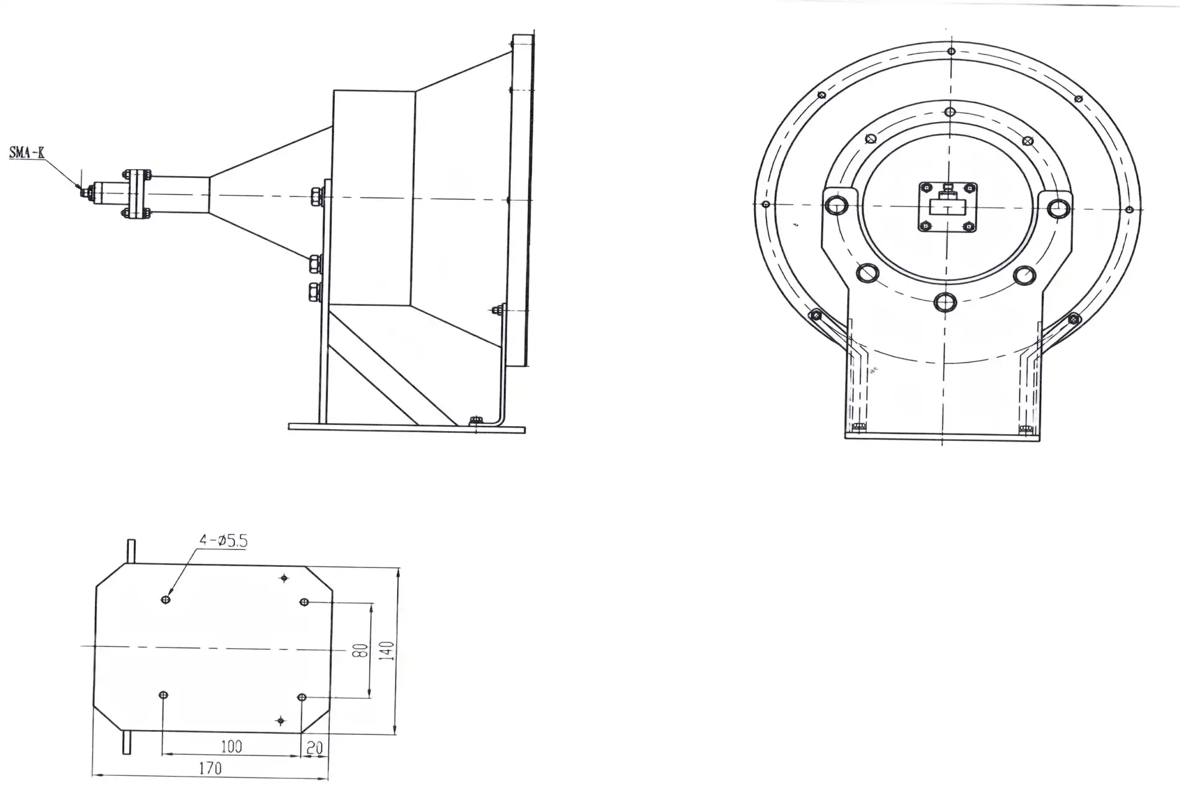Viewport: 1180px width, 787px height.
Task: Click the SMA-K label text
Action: (x=27, y=153)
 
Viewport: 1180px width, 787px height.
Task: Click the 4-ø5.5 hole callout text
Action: (x=223, y=541)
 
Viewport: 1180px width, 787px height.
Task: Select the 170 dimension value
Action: (x=210, y=768)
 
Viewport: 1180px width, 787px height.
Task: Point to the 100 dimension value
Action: (x=231, y=746)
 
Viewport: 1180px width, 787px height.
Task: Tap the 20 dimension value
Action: (x=315, y=747)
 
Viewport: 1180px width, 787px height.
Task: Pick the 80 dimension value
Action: (x=360, y=651)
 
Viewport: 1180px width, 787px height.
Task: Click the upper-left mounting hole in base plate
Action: (x=166, y=599)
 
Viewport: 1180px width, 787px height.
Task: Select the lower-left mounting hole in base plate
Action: (x=163, y=695)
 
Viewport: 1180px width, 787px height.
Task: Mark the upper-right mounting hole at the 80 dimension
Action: (x=304, y=602)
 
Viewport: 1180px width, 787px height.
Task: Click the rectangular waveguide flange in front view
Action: (x=947, y=206)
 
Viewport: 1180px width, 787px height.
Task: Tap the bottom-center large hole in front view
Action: (x=945, y=303)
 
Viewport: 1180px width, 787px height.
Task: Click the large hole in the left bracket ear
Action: (x=837, y=205)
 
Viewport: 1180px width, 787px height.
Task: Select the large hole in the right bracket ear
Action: (x=1058, y=208)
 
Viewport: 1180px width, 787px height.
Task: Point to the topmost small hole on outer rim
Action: (x=951, y=51)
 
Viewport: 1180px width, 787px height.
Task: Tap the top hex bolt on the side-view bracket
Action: (x=315, y=197)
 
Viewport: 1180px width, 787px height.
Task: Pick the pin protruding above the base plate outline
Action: (x=131, y=551)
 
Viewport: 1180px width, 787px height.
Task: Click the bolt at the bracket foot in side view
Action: (x=476, y=421)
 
